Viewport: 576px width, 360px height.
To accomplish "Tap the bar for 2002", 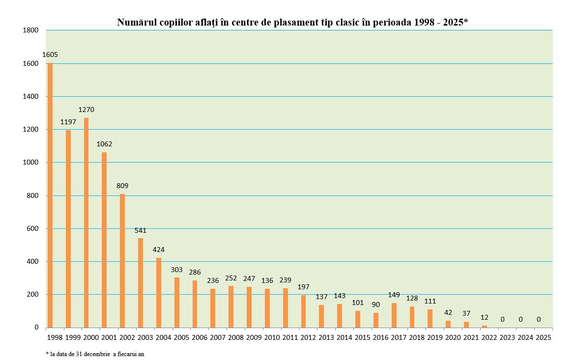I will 122,261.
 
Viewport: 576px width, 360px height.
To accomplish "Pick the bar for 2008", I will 231,306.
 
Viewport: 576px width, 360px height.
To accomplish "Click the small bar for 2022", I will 485,326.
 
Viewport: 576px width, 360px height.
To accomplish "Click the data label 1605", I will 50,55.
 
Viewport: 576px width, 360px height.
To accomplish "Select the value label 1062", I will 104,144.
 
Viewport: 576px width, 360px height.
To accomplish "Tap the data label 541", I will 141,230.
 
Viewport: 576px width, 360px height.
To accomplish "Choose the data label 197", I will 304,287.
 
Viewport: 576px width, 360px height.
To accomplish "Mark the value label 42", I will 448,312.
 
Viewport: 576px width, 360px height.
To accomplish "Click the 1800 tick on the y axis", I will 30,30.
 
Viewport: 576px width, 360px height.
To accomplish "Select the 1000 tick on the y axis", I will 30,163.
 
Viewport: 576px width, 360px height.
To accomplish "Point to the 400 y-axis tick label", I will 32,262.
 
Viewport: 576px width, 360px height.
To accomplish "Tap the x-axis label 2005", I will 181,338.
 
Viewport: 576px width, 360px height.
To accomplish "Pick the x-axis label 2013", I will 326,338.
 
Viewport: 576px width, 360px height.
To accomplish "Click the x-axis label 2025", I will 543,338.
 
